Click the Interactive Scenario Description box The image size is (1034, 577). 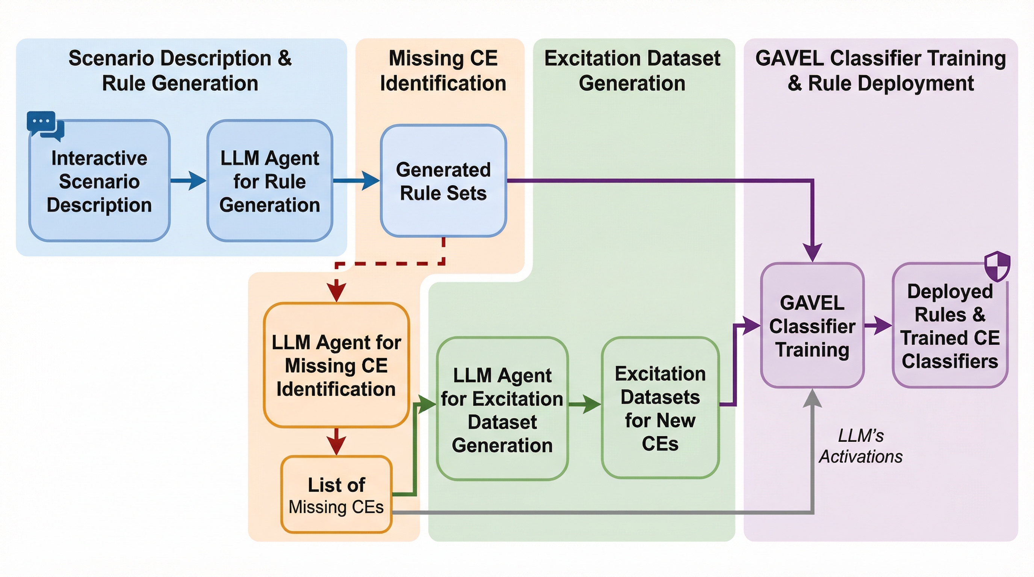tap(99, 181)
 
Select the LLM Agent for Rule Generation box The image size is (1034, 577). tap(269, 181)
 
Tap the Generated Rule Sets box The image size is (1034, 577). tap(443, 181)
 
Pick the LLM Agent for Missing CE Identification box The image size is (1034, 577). tap(336, 365)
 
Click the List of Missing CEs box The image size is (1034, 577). tap(336, 495)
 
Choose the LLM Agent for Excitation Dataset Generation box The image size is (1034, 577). tap(502, 409)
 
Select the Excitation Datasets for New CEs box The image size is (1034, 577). tap(660, 408)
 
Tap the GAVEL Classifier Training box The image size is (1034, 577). tap(812, 326)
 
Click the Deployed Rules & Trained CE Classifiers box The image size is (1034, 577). tap(950, 326)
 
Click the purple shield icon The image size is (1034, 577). tap(997, 266)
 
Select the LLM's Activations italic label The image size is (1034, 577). tap(860, 446)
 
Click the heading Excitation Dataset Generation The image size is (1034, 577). tap(632, 71)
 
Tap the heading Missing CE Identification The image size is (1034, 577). tap(443, 71)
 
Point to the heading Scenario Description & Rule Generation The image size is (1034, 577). tap(180, 71)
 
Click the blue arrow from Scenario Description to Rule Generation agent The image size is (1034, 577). tap(188, 181)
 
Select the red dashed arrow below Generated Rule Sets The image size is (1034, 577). tap(389, 264)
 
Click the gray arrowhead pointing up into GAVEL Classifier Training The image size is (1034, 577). tap(812, 398)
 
